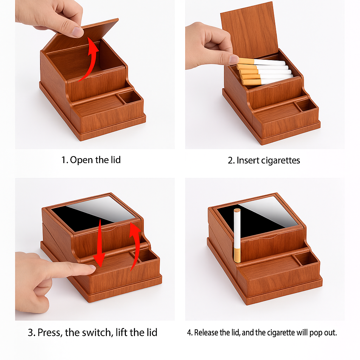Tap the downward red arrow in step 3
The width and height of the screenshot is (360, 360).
click(x=99, y=243)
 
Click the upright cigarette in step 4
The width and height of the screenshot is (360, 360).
click(x=237, y=236)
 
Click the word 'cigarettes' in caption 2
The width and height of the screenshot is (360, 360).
click(x=280, y=160)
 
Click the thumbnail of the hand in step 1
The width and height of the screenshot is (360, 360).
click(x=78, y=31)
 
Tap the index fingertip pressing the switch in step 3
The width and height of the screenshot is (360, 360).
click(x=91, y=268)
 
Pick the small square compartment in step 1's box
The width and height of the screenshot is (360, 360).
click(x=130, y=97)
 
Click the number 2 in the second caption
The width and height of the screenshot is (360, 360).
click(x=230, y=160)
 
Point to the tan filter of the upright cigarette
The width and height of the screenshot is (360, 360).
click(x=237, y=255)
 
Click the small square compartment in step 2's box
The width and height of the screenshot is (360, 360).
click(x=307, y=105)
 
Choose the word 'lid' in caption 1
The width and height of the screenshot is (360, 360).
click(x=115, y=160)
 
